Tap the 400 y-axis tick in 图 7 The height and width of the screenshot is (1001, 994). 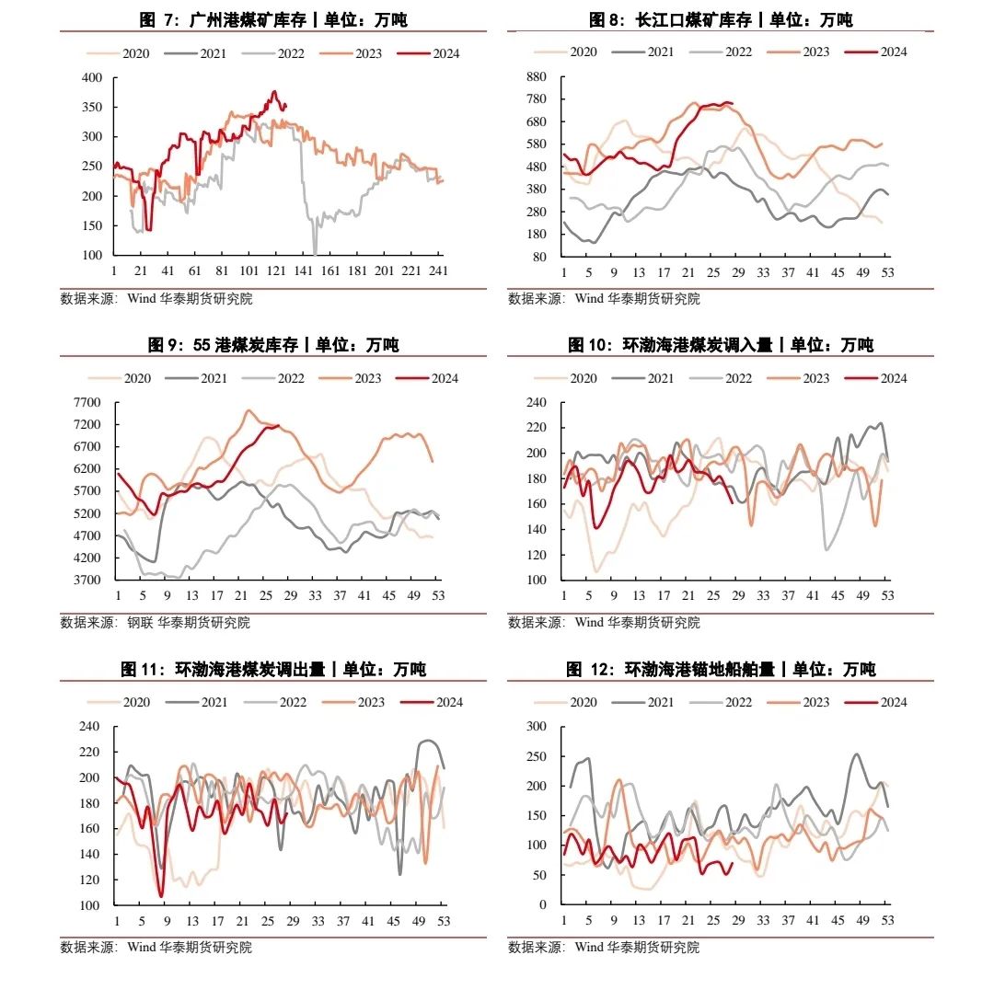click(92, 78)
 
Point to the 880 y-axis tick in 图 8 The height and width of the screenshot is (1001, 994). click(537, 76)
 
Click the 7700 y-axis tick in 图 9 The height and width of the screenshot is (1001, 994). click(88, 402)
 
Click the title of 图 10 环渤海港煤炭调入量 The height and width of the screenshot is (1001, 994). click(721, 345)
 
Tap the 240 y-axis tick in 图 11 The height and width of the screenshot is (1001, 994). click(88, 726)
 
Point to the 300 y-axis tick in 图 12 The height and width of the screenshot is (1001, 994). click(536, 726)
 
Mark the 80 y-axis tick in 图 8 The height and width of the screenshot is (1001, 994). click(540, 257)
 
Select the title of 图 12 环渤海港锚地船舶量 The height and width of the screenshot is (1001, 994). click(721, 669)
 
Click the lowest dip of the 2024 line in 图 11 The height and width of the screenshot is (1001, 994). click(161, 895)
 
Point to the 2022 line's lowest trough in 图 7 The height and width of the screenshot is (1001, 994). click(315, 253)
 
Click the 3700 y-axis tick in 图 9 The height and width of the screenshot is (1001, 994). click(88, 581)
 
